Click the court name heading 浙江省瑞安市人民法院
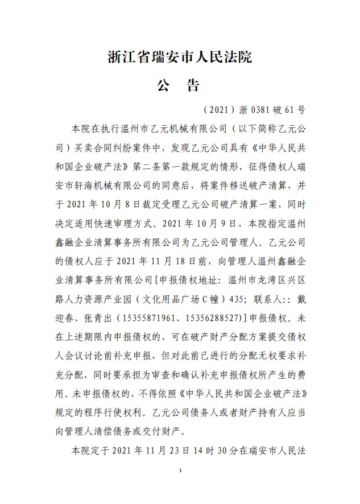(x=180, y=57)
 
